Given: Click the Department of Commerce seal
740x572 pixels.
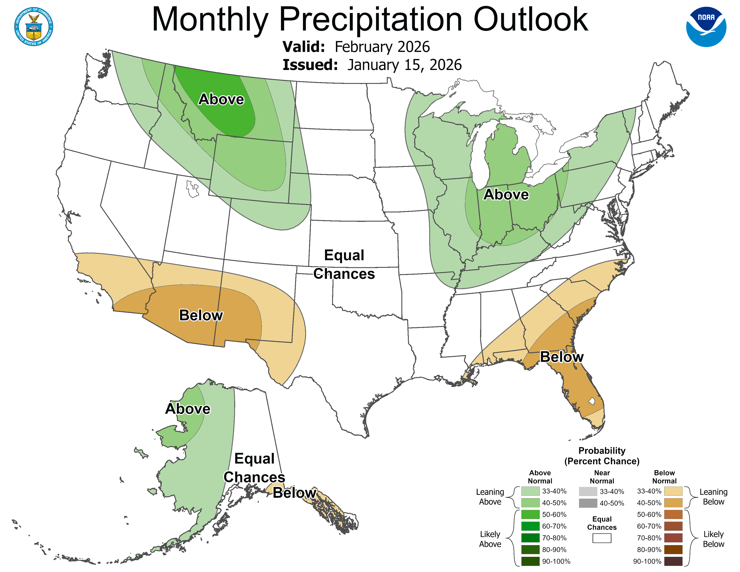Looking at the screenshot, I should (34, 27).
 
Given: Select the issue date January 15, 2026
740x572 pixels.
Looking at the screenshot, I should (404, 65).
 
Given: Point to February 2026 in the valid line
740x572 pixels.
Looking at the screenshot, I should (382, 47).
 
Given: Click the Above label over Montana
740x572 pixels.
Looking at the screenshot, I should (221, 99).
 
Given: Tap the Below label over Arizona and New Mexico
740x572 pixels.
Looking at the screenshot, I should (201, 315).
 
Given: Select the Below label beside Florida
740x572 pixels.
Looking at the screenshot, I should (562, 357).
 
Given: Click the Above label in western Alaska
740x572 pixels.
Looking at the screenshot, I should (188, 409).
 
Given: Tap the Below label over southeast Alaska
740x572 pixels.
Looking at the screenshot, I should (294, 493).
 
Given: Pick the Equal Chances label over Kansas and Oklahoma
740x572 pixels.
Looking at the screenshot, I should (344, 264).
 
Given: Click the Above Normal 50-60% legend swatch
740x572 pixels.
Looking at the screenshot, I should (530, 514).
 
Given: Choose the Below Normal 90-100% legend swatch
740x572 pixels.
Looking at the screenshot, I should (673, 561).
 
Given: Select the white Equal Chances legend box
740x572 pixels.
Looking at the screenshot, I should (602, 538).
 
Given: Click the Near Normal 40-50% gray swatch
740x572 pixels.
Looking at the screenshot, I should (588, 503).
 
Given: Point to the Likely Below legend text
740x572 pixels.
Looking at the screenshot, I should (713, 539).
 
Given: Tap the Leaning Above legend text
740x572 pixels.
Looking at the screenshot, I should (490, 497).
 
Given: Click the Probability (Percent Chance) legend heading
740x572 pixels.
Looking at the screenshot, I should (602, 456).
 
